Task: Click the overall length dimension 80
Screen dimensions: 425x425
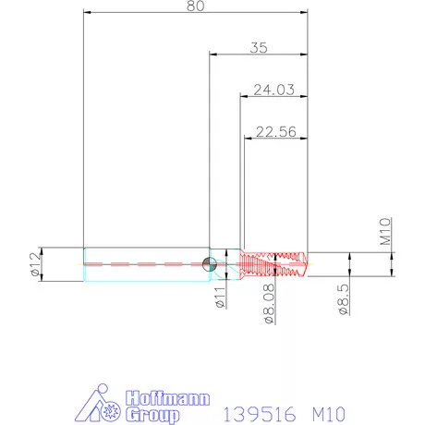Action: pos(195,6)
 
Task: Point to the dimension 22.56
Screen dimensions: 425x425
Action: pos(274,131)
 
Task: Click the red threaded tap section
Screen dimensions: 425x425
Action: pos(273,263)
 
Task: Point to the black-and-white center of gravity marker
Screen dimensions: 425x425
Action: pos(211,263)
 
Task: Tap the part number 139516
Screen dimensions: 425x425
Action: pos(255,407)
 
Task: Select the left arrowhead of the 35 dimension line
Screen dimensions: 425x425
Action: pos(212,55)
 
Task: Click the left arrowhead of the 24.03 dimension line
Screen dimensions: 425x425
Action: pos(243,97)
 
